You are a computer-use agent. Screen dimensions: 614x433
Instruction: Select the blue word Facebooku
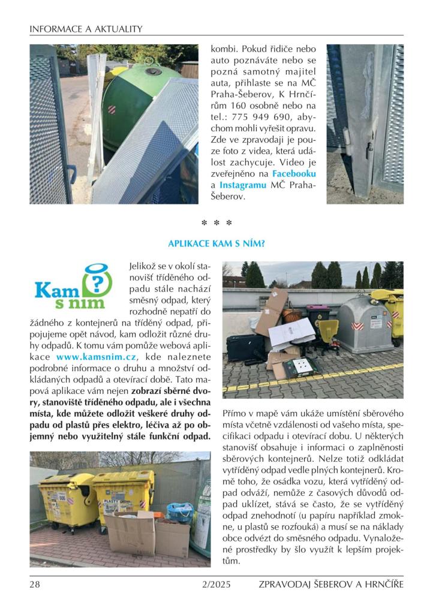tap(294, 173)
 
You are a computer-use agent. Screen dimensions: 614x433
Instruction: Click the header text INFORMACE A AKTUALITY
tap(86, 28)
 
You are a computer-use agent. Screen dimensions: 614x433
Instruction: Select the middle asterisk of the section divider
tap(216, 224)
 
